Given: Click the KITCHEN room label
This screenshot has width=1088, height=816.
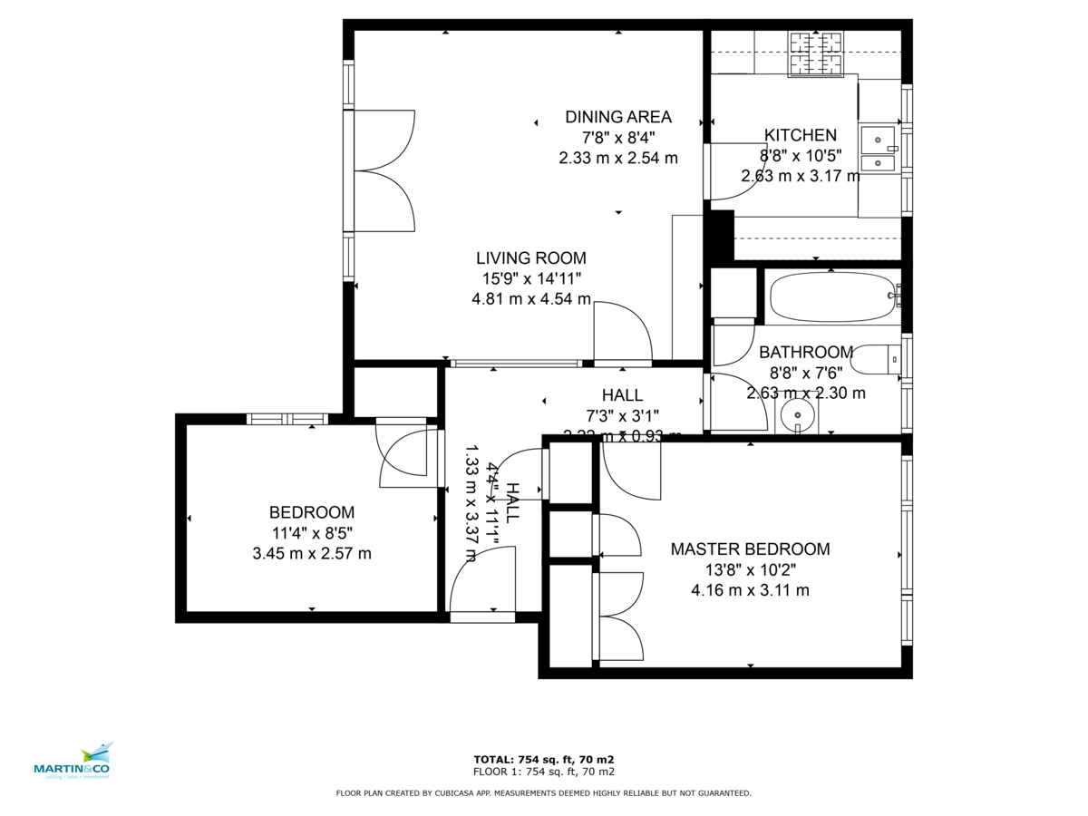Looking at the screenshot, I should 800,135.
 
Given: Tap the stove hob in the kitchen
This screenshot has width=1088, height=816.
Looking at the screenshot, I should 816,53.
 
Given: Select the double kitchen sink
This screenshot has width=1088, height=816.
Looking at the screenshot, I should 878,151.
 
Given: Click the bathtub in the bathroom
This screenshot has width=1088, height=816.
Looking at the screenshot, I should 832,296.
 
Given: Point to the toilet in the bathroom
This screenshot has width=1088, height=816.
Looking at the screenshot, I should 876,360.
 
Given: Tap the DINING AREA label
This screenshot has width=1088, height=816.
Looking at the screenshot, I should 618,117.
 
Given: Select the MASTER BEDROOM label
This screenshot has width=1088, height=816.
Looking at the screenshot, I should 750,549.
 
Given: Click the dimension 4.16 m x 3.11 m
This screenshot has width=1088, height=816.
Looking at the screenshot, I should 750,590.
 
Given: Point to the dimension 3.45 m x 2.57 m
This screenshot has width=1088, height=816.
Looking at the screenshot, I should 311,553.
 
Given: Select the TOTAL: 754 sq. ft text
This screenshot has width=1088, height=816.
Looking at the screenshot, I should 544,760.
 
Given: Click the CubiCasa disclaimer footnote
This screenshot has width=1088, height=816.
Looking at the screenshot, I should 544,793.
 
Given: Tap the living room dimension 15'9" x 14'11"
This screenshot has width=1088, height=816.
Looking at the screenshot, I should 532,278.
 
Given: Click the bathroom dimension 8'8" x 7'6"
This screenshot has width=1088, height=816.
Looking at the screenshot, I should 806,373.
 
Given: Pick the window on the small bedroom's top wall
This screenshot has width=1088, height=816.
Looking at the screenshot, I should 287,419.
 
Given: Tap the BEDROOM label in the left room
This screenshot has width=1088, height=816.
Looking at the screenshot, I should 311,512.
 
